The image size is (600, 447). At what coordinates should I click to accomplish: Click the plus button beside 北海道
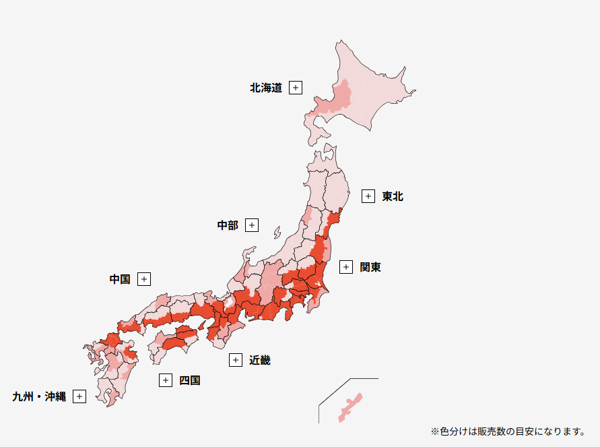click(296, 88)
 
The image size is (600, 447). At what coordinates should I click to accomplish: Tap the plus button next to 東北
click(368, 196)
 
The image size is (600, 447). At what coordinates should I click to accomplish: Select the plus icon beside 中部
click(252, 225)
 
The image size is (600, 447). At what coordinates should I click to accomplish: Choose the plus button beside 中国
click(144, 278)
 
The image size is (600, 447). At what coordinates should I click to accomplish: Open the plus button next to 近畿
click(236, 360)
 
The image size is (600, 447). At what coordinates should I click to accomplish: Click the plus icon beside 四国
click(166, 380)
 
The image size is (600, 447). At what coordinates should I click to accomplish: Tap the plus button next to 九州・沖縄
click(79, 396)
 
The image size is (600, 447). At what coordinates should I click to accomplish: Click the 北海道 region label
click(266, 88)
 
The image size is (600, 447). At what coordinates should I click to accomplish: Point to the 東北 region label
click(392, 196)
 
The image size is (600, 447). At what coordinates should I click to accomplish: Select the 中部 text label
click(228, 225)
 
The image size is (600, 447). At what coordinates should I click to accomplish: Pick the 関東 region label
click(370, 267)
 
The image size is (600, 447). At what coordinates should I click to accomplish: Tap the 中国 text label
click(120, 278)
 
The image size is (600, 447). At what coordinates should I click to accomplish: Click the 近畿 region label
click(260, 360)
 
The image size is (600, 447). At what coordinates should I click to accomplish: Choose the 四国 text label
click(190, 380)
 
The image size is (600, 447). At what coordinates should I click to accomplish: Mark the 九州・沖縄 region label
click(39, 396)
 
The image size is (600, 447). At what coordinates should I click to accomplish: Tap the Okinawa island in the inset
click(350, 407)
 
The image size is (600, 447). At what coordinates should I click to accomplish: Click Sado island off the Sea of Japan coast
click(277, 233)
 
